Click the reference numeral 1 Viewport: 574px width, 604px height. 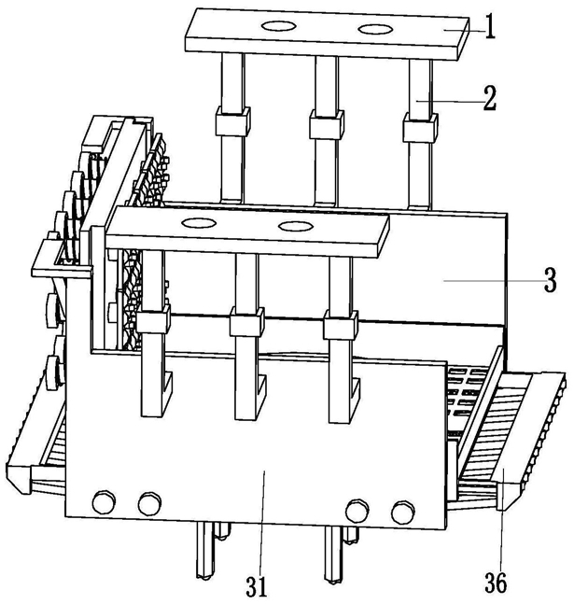coord(490,26)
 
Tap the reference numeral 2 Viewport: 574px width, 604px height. coord(490,98)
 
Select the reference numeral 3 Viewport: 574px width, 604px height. coord(550,280)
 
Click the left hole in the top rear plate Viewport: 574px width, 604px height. coord(278,26)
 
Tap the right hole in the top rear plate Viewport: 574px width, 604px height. coord(375,29)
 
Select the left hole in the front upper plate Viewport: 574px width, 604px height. coord(199,222)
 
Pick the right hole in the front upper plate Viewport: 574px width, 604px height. coord(296,226)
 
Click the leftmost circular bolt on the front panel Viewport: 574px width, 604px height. coord(104,502)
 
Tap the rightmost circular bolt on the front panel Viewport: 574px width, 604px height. coord(403,513)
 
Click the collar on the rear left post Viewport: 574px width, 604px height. coord(232,121)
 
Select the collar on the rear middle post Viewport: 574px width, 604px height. coord(327,124)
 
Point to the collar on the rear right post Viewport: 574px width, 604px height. coord(420,127)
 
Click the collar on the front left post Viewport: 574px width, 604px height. coord(154,318)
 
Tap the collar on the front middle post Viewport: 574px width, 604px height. coord(247,322)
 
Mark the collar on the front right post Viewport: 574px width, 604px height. coord(341,325)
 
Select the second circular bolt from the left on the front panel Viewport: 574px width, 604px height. coord(150,503)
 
